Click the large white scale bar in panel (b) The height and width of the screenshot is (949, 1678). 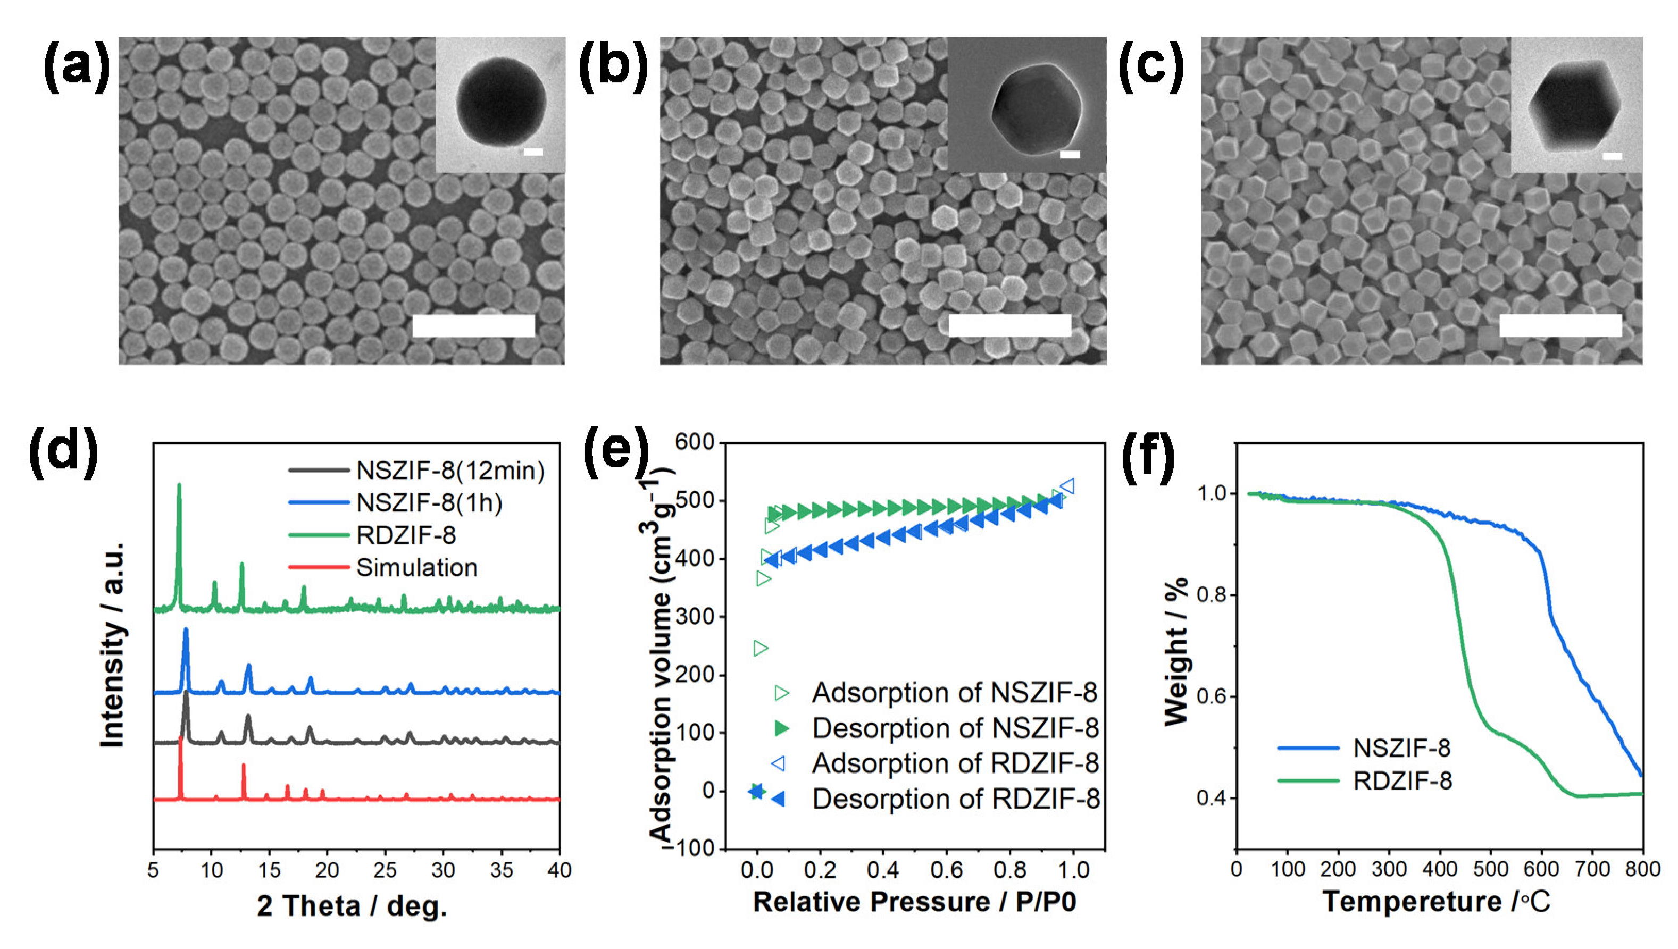click(x=1009, y=325)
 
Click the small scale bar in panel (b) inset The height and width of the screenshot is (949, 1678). click(x=1070, y=155)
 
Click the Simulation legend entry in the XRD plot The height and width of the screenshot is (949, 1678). click(x=416, y=568)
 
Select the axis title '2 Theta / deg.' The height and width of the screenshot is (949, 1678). click(x=352, y=906)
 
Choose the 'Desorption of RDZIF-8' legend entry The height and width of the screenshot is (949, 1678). click(x=955, y=799)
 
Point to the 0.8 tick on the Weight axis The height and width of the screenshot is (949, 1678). click(x=1210, y=595)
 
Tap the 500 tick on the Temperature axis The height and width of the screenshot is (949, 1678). click(x=1491, y=869)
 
